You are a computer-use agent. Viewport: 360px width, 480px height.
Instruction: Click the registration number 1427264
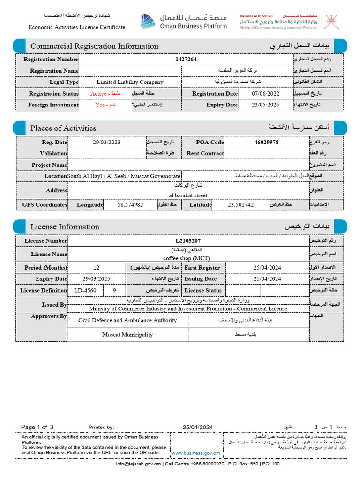[186, 60]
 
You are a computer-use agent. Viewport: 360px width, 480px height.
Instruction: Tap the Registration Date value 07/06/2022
[265, 94]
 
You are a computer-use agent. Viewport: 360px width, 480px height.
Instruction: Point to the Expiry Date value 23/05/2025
[265, 105]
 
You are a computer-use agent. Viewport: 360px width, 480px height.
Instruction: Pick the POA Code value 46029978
[266, 142]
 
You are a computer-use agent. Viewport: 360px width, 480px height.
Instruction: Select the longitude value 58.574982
[130, 205]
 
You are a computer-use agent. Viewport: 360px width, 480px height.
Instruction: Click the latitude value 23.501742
[241, 205]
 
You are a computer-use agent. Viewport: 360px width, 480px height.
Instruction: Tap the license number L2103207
[187, 241]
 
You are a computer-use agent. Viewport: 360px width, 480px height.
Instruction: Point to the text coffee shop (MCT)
[187, 258]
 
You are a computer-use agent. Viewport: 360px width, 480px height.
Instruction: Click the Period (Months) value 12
[97, 268]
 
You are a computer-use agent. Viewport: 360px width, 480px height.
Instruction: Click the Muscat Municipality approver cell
[127, 335]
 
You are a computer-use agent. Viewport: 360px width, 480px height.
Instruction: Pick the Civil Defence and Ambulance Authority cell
[127, 320]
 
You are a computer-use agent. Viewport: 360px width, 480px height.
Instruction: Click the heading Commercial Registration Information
[94, 46]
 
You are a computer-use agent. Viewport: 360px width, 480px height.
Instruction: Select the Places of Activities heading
[63, 128]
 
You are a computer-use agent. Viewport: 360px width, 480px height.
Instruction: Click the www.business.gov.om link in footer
[196, 453]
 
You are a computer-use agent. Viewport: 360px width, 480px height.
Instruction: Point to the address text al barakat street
[187, 195]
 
